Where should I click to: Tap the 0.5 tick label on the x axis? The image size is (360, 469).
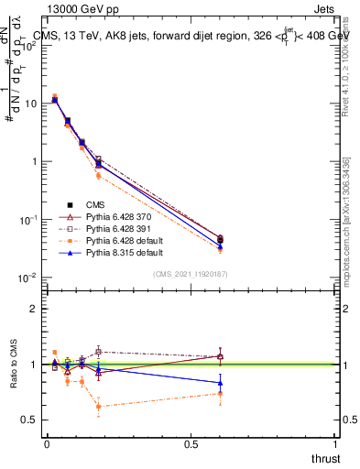tap(191, 445)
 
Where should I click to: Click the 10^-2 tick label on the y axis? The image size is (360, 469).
tap(27, 278)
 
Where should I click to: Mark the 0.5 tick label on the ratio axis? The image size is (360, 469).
tap(29, 420)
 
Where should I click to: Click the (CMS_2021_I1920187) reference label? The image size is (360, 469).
tap(190, 274)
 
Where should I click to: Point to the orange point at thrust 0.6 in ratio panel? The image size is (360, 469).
tap(220, 394)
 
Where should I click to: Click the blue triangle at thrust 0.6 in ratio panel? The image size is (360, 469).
tap(220, 383)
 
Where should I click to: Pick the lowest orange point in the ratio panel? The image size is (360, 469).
tap(98, 406)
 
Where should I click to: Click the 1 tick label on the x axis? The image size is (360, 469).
tap(335, 445)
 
